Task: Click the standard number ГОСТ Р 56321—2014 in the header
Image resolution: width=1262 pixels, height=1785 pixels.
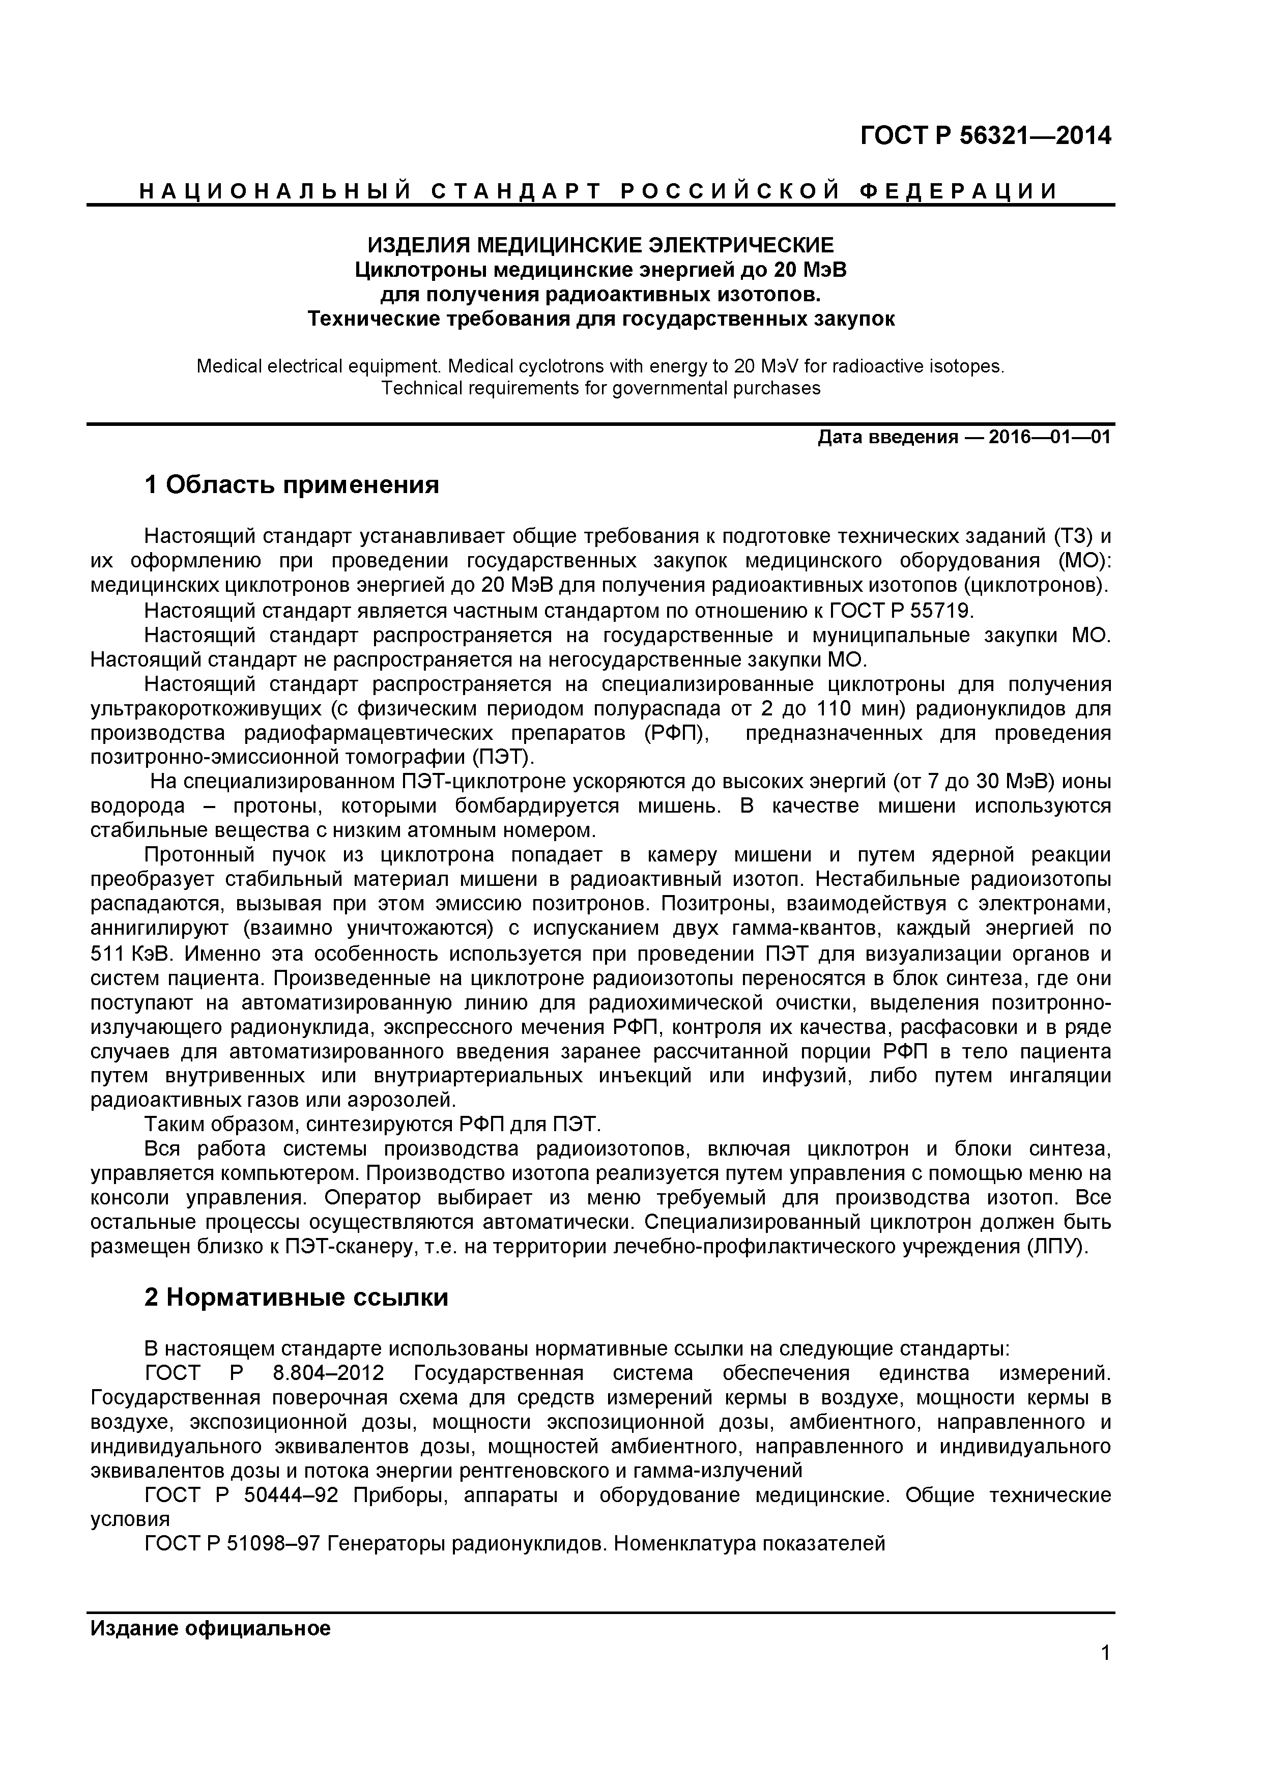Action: pos(985,136)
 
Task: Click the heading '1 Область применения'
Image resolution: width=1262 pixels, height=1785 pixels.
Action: pos(292,485)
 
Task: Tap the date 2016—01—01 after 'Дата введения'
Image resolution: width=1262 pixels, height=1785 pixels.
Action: pos(1050,438)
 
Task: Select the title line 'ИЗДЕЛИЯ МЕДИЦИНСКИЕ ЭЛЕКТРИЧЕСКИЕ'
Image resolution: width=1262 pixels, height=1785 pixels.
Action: pos(600,246)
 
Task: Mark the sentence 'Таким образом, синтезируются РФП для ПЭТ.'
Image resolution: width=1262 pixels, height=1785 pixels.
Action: pos(373,1125)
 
